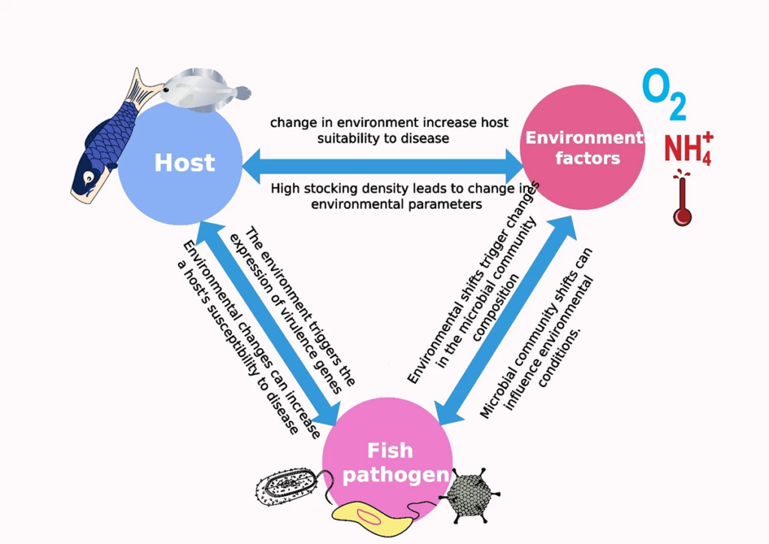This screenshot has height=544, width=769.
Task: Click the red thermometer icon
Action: click(682, 199)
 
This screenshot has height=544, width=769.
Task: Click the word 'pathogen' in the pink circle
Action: click(396, 475)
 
